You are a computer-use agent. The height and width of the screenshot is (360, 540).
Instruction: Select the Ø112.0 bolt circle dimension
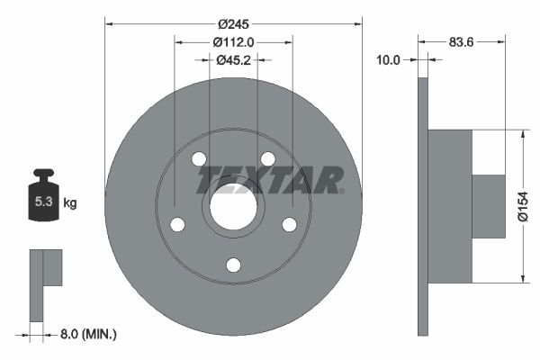coord(234,40)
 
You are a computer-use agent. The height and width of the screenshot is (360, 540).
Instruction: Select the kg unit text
coord(70,203)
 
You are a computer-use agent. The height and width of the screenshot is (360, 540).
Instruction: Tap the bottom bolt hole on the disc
coord(233,265)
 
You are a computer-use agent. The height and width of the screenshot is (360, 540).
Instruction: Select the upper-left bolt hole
coord(199,159)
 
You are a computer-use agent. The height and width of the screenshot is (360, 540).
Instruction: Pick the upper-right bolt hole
coord(268,159)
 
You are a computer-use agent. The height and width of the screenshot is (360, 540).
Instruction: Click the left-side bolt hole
coord(177,225)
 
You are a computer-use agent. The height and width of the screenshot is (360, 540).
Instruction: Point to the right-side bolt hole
coord(290,225)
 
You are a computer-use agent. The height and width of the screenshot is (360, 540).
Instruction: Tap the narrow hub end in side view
coord(489,207)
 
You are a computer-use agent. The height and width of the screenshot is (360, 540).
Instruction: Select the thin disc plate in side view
coord(423,207)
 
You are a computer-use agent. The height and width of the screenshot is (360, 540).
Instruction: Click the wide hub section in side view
coord(450,207)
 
